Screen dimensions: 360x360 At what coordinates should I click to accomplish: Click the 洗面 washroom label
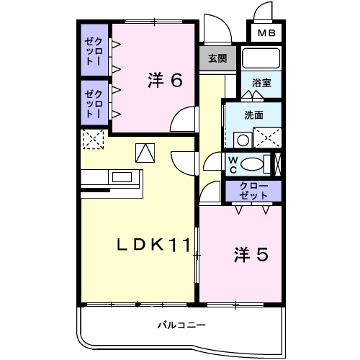[253, 114]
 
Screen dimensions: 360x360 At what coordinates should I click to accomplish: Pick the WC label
[234, 163]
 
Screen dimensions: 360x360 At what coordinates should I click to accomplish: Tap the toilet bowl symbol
[253, 164]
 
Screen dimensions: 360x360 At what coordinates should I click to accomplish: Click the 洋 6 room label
[164, 80]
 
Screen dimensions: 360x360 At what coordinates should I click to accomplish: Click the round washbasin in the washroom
[244, 139]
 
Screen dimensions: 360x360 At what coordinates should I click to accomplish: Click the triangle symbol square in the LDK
[145, 153]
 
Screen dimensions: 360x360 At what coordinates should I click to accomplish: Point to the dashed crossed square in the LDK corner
[93, 140]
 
